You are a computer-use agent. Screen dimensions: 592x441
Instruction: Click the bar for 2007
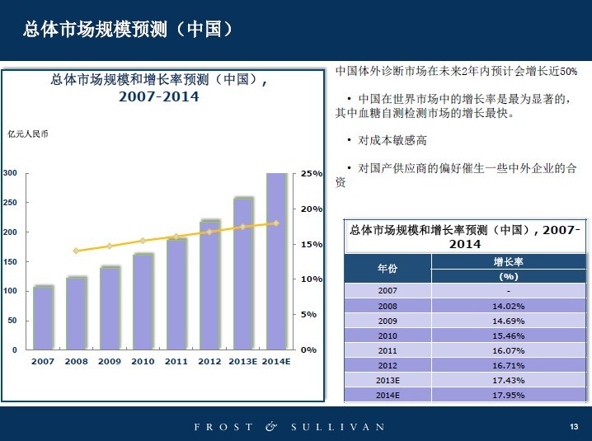(x=43, y=318)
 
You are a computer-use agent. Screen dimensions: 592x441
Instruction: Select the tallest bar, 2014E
(x=277, y=261)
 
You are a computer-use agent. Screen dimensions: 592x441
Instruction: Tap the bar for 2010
(x=143, y=302)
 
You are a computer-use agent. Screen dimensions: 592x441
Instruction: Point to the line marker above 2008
(x=76, y=251)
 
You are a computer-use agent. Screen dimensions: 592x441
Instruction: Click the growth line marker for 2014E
(x=276, y=223)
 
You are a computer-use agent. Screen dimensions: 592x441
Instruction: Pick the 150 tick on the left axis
(x=10, y=261)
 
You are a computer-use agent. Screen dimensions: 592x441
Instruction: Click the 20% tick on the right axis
(x=312, y=209)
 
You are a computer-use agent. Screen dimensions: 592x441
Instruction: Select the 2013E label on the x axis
(x=242, y=361)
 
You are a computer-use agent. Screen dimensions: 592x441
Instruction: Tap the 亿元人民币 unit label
(x=28, y=134)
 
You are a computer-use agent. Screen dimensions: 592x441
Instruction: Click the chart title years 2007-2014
(x=158, y=96)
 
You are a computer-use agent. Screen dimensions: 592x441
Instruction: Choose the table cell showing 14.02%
(x=508, y=306)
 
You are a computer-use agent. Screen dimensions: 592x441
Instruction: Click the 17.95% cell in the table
(x=508, y=395)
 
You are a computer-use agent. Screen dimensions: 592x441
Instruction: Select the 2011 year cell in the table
(x=388, y=350)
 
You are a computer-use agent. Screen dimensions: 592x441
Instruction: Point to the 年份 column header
(x=388, y=269)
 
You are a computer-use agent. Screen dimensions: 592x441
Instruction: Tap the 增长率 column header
(x=508, y=261)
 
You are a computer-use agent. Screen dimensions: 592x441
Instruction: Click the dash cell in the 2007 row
(x=508, y=291)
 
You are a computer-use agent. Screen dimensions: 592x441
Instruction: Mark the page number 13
(x=574, y=426)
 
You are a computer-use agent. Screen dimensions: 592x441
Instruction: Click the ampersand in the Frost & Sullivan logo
(x=271, y=427)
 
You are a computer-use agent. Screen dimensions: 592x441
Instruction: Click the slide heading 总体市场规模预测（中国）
(x=127, y=29)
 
